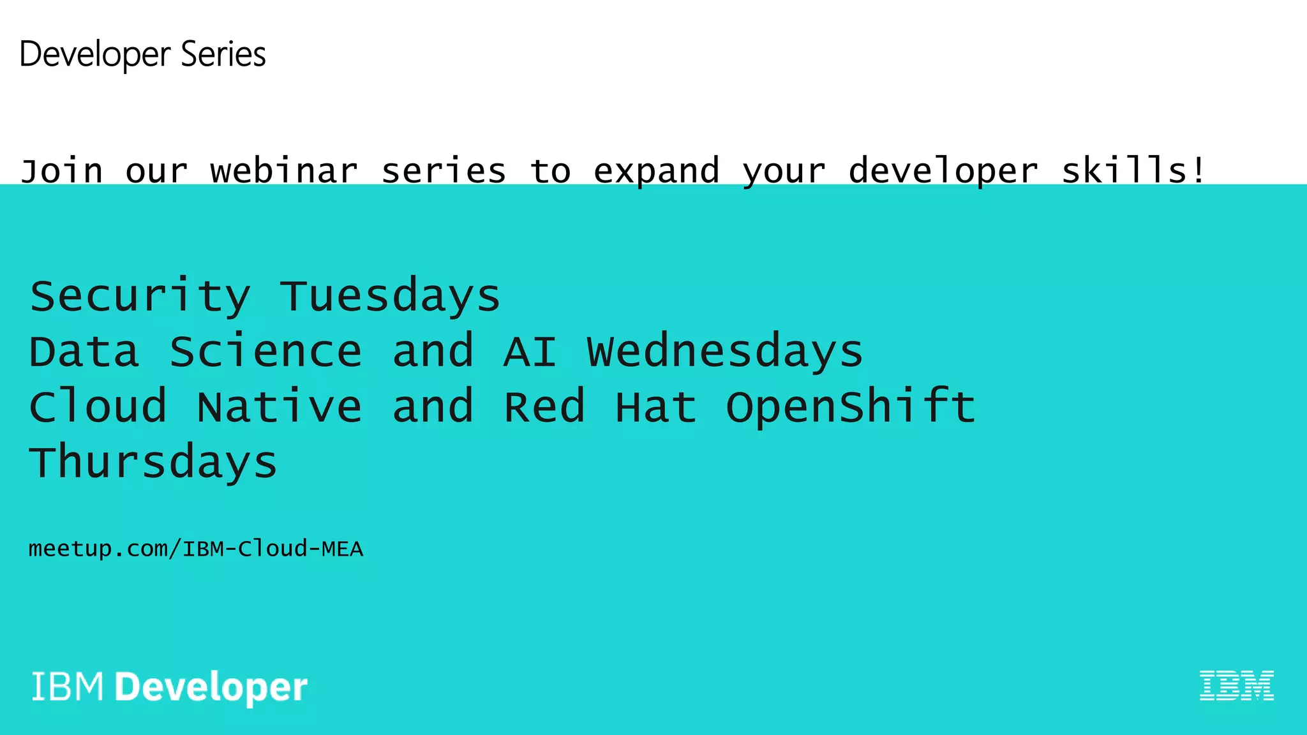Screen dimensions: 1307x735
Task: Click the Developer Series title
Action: click(x=142, y=55)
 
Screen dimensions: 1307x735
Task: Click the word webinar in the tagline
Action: click(x=284, y=170)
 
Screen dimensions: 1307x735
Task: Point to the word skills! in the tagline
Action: click(x=1133, y=170)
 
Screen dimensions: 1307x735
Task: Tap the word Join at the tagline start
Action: click(x=61, y=171)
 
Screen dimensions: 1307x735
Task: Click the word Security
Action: click(x=140, y=297)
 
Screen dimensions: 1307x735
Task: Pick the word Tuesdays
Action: click(x=390, y=297)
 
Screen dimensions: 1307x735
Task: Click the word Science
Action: click(x=266, y=352)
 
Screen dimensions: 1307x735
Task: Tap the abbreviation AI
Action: click(x=530, y=352)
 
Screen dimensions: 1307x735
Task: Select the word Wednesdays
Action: click(x=725, y=352)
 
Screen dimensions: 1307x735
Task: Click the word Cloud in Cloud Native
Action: click(x=98, y=406)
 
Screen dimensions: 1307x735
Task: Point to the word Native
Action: click(x=280, y=406)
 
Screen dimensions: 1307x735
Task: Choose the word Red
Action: click(x=544, y=406)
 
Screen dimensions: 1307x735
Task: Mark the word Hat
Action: click(x=655, y=407)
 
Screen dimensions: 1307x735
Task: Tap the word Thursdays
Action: click(x=154, y=462)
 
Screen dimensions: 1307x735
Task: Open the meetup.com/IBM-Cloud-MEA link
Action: click(x=196, y=549)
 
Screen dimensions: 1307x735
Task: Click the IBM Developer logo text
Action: click(x=170, y=688)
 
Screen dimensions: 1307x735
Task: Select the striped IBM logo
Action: click(x=1237, y=686)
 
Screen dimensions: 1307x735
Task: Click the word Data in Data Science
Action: click(x=84, y=352)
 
